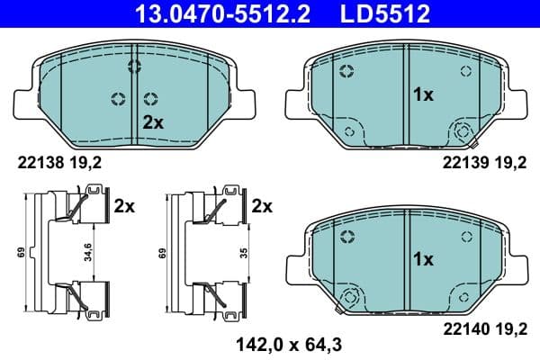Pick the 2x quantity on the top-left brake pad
[x=153, y=122]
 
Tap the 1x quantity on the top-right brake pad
[x=423, y=93]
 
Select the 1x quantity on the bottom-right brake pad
[x=423, y=259]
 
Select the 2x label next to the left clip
[x=124, y=205]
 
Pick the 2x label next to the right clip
[x=262, y=205]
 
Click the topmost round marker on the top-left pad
[x=135, y=66]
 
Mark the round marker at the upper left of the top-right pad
[x=345, y=73]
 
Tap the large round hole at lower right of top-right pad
[x=463, y=130]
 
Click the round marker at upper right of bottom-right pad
[x=466, y=235]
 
